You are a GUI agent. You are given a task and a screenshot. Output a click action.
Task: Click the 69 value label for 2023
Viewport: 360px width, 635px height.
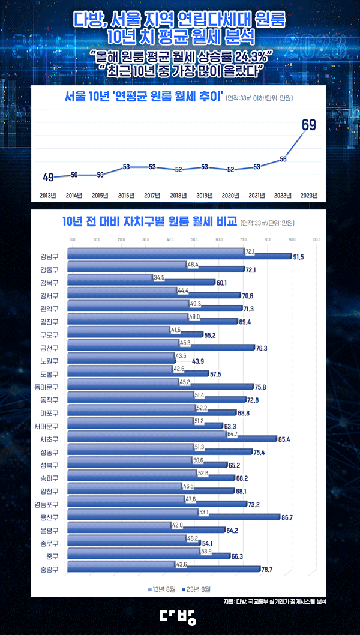(x=309, y=125)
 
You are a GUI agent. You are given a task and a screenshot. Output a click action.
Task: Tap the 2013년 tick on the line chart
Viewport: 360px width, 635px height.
(x=48, y=195)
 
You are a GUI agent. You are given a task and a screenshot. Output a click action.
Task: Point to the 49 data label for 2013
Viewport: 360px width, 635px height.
(x=49, y=177)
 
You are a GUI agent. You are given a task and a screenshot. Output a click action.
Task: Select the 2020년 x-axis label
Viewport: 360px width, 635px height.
(x=230, y=195)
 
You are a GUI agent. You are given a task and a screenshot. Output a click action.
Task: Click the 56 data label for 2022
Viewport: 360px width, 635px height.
(x=283, y=159)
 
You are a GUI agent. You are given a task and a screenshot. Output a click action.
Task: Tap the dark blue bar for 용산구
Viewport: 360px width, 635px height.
(x=174, y=517)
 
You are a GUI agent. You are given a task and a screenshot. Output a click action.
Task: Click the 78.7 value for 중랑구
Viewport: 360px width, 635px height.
(x=298, y=569)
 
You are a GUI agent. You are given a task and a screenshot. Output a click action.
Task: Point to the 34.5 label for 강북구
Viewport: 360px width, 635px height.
(x=159, y=278)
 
